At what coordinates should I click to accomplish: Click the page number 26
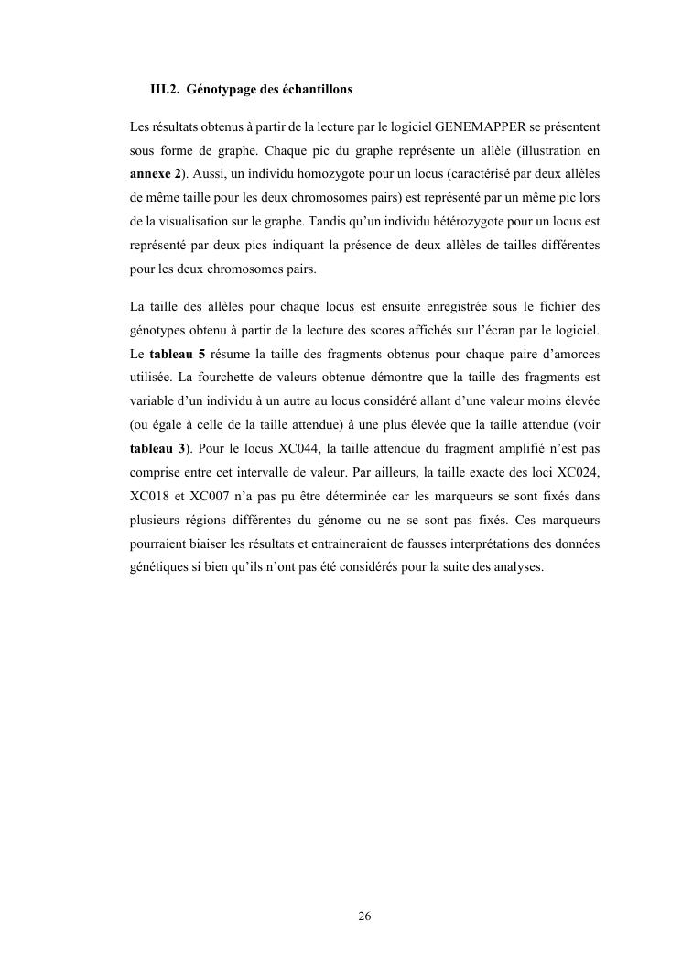tap(364, 916)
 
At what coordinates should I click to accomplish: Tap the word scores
tap(420, 329)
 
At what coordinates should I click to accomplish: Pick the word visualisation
tap(186, 221)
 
